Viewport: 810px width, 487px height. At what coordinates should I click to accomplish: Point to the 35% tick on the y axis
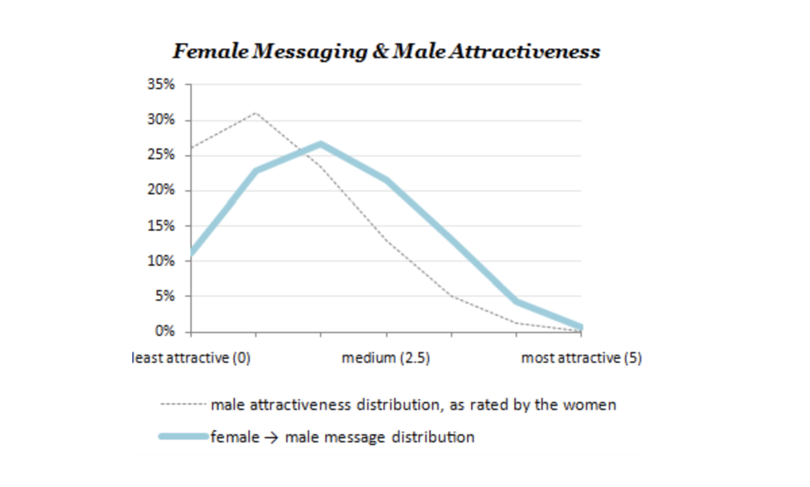pos(161,85)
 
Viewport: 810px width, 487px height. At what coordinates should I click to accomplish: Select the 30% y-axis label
pos(161,121)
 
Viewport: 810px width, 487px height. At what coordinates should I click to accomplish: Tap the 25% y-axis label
pos(161,155)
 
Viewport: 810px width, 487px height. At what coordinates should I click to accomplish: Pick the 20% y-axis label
pos(161,191)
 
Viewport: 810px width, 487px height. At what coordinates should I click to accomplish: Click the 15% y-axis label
pos(161,226)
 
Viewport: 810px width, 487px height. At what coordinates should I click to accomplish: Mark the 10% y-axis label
pos(161,262)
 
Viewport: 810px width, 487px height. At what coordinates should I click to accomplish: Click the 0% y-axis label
pos(164,332)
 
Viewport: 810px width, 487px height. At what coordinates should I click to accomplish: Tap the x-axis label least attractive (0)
pos(192,358)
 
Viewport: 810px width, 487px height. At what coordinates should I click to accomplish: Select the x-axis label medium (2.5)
pos(385,358)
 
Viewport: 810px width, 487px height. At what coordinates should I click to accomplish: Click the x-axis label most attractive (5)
pos(581,358)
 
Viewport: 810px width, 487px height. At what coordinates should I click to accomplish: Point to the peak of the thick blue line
pos(321,144)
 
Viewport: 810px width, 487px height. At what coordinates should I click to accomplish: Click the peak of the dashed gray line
pos(255,111)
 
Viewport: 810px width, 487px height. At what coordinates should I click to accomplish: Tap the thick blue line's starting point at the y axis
pos(192,253)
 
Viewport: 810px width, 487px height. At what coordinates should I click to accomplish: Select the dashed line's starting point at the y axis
pos(192,149)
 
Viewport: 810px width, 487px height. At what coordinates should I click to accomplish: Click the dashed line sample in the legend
pos(182,405)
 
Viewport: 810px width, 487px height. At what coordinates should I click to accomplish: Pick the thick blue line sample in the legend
pos(182,437)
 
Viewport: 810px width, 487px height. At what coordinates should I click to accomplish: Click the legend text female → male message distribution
pos(342,437)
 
